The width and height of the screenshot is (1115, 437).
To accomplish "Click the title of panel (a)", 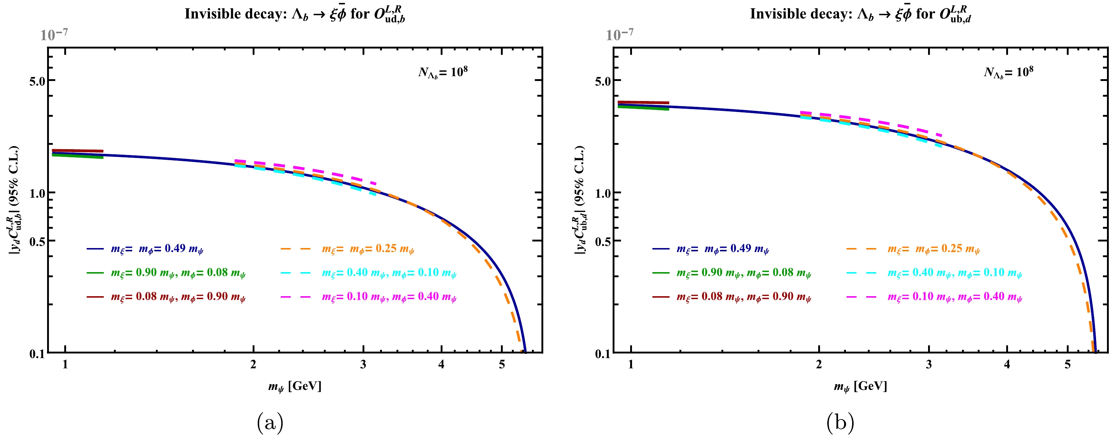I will [x=294, y=14].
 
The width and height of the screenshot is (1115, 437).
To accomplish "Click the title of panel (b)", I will [x=860, y=14].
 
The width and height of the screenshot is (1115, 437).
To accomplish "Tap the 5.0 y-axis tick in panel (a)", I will [x=37, y=81].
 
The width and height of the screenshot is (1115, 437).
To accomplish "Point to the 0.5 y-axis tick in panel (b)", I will [x=603, y=241].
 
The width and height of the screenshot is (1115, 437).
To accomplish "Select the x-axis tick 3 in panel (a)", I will [x=363, y=365].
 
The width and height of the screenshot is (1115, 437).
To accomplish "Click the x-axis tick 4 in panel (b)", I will [x=1007, y=365].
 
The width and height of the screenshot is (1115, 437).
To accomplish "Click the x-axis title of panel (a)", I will [x=294, y=386].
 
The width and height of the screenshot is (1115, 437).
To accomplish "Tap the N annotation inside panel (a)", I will [x=443, y=72].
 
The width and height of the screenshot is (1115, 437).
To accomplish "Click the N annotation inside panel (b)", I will [x=1008, y=72].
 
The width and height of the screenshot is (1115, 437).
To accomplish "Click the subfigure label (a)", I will [x=270, y=422].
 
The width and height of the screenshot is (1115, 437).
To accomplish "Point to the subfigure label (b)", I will [x=840, y=422].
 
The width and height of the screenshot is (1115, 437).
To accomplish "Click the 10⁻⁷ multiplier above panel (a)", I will [x=54, y=34].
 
